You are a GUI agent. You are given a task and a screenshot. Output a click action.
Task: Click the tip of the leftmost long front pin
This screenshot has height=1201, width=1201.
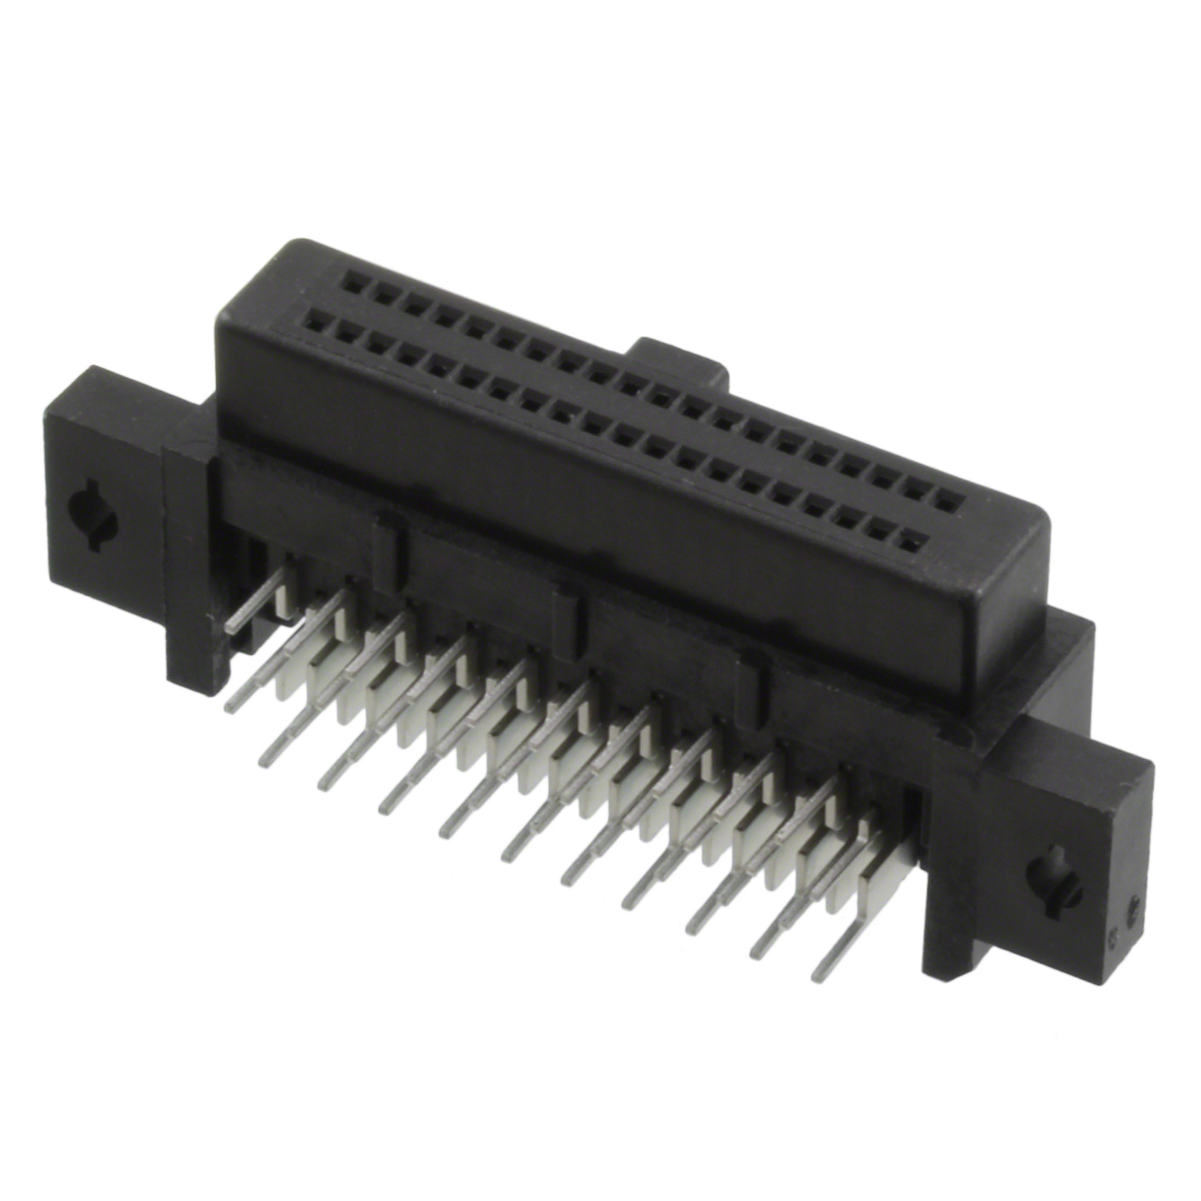point(231,708)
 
